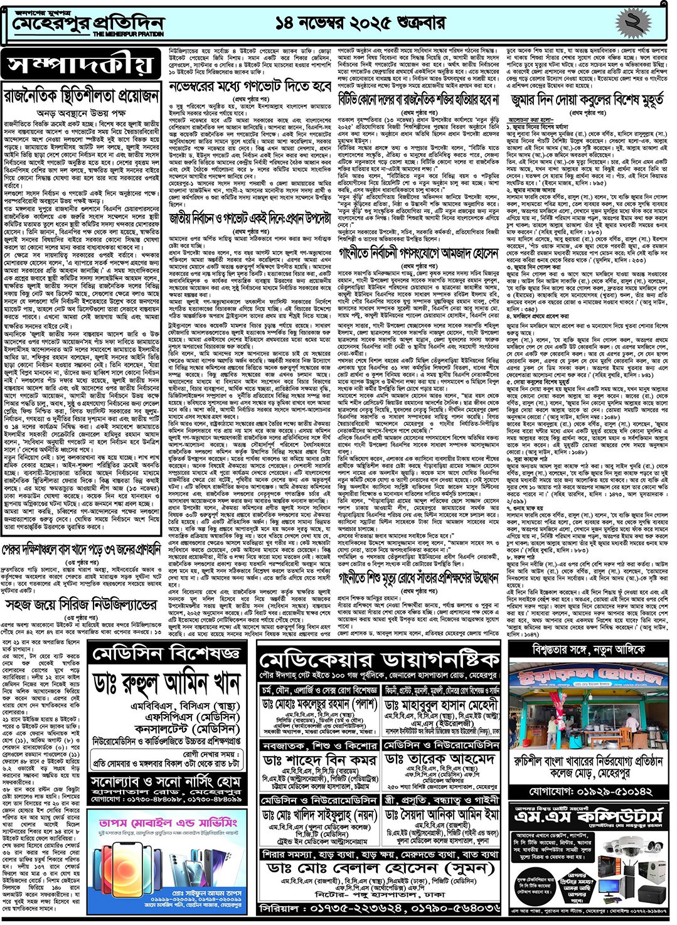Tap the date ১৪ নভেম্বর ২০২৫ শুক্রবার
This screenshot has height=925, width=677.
click(x=360, y=23)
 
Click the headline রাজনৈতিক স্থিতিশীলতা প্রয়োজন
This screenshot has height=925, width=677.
click(x=82, y=96)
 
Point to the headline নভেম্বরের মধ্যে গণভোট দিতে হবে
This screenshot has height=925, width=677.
click(x=250, y=86)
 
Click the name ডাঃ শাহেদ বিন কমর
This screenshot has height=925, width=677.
click(x=319, y=759)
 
